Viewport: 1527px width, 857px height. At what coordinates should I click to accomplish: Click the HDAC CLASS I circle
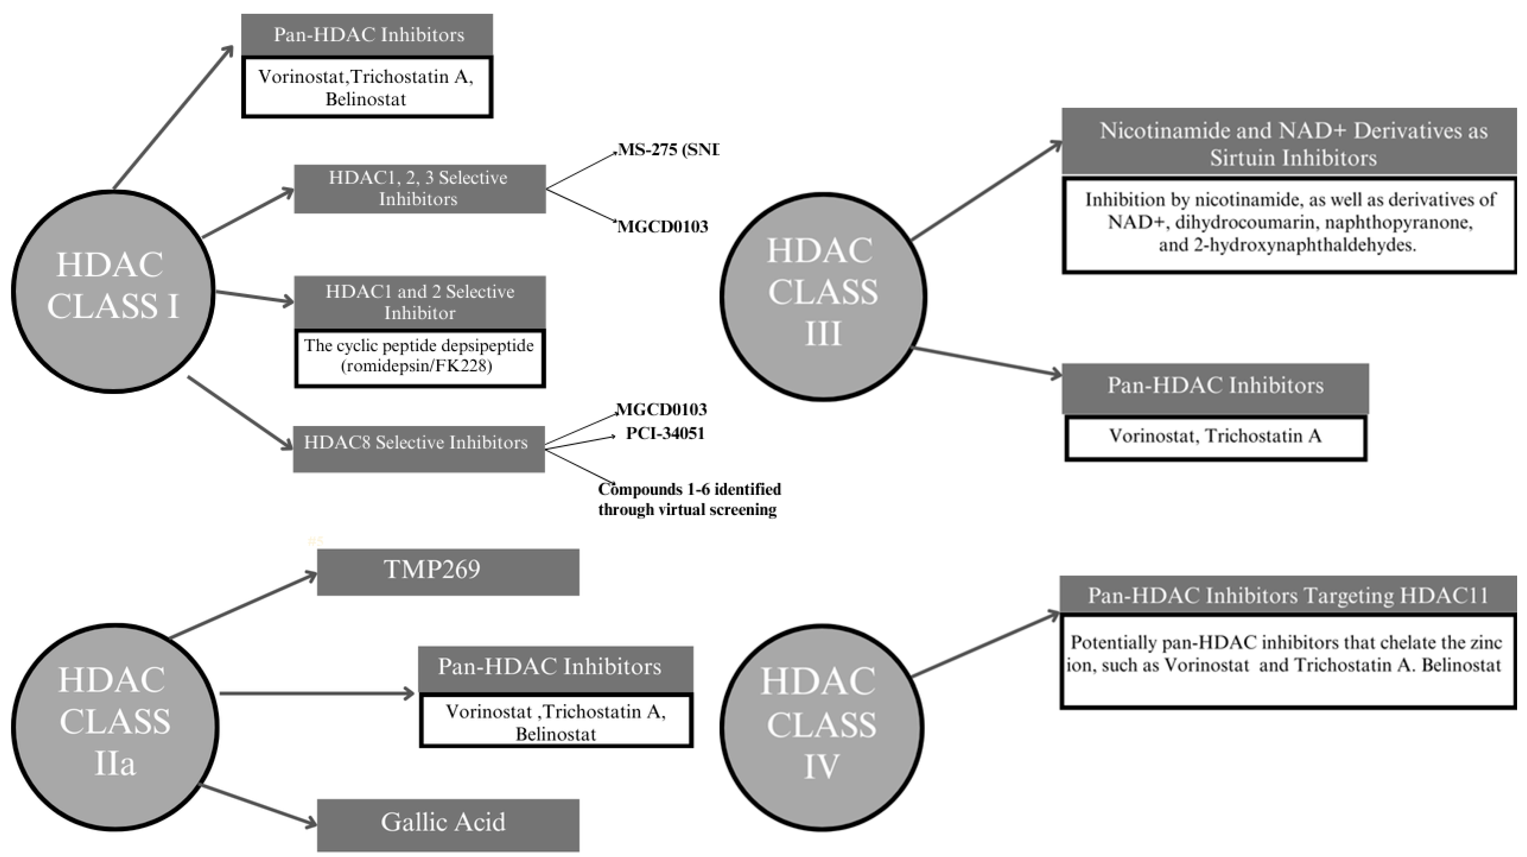coord(113,291)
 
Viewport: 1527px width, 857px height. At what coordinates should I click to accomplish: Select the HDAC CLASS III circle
coord(823,296)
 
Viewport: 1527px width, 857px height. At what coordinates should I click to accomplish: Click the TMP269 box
coord(447,571)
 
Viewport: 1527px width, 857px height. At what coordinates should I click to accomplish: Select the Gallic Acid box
coord(447,825)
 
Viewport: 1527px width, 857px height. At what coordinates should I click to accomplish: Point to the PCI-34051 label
coord(665,433)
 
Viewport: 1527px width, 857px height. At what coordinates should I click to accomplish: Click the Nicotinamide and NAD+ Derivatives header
coord(1292,142)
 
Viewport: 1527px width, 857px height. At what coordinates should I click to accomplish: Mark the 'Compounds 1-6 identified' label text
coord(689,490)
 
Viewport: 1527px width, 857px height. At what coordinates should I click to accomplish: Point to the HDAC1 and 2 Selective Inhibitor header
coord(419,302)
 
